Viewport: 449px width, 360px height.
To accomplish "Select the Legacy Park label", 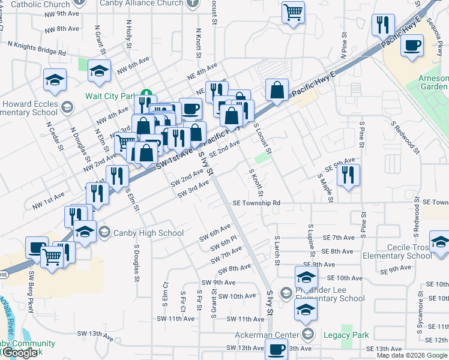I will (x=346, y=335).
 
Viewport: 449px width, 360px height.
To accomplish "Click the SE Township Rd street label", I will (x=257, y=203).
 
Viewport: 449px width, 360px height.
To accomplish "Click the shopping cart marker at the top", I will (x=293, y=11).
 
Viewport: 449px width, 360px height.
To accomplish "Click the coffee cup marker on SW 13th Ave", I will (x=277, y=349).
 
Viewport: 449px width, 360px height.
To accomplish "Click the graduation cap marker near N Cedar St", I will (x=55, y=80).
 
